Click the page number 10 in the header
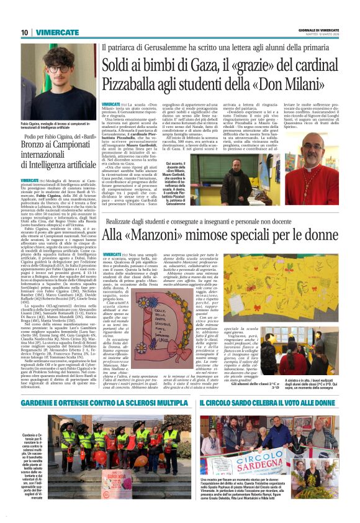24,32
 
